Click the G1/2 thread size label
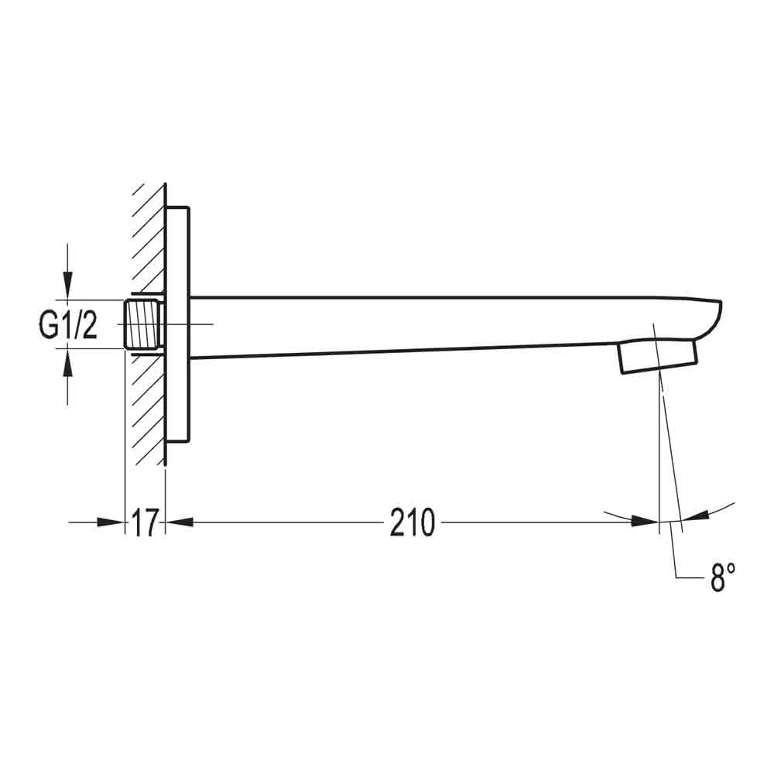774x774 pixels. (68, 326)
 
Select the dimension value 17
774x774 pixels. (145, 524)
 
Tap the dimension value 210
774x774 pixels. (412, 524)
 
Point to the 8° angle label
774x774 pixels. (721, 577)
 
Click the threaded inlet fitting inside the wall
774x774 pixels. (142, 324)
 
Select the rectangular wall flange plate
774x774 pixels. (178, 324)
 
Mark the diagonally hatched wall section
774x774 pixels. (148, 402)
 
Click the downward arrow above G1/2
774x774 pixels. (68, 286)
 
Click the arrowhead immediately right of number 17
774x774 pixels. (178, 522)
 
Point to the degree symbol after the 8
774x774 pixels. (731, 569)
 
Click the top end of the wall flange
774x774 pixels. (178, 209)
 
